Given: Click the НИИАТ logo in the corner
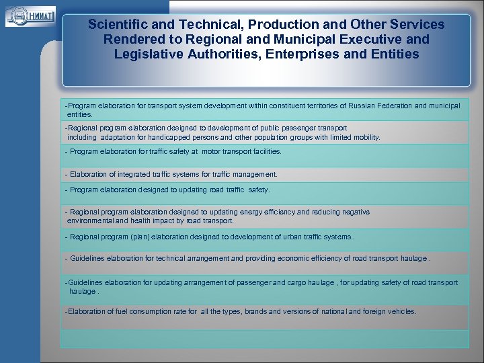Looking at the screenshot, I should click(x=30, y=15).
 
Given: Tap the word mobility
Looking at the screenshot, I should click(x=363, y=137).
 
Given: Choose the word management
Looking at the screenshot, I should click(x=254, y=174).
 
